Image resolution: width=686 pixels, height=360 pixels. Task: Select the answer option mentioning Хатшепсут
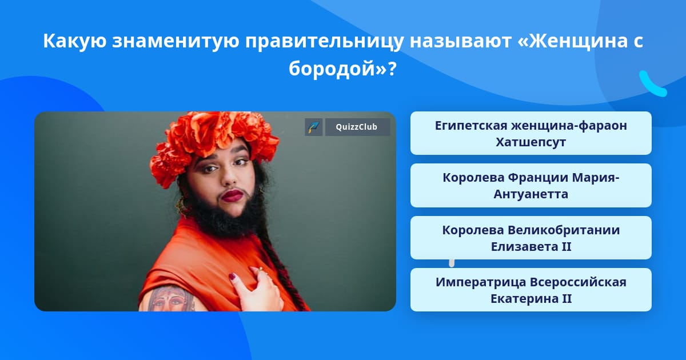(x=531, y=133)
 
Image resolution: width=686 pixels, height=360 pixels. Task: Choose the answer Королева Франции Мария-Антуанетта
(x=531, y=185)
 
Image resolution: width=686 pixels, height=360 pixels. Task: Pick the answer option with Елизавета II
(x=531, y=238)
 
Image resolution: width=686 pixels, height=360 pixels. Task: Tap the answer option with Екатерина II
(x=531, y=290)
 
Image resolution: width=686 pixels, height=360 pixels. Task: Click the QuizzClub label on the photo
(x=357, y=127)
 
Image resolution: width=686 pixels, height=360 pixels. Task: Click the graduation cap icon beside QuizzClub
(x=313, y=127)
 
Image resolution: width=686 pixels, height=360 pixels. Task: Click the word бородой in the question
(x=334, y=69)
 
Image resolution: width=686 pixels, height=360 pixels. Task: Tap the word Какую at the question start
(x=79, y=41)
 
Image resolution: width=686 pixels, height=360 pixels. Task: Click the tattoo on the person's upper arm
(x=167, y=298)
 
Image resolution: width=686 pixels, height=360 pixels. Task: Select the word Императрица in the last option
(x=481, y=282)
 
